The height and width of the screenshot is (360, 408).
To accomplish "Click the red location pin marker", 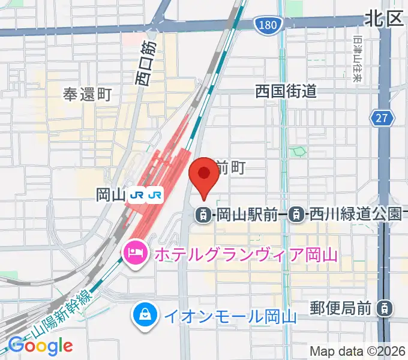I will point(203,175).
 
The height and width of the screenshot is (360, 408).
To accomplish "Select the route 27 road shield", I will point(382,118).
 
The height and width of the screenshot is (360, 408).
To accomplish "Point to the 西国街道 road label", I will point(286,91).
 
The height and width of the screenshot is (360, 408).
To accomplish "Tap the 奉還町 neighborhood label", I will point(88,94).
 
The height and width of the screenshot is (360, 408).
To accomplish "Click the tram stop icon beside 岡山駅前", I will point(204,214).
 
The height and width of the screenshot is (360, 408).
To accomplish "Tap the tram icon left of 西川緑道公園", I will point(295,214).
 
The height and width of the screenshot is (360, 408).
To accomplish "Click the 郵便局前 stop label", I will point(341,308).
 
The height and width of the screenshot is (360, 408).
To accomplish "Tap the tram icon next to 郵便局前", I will point(382,308).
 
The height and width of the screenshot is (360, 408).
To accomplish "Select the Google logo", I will point(40,345).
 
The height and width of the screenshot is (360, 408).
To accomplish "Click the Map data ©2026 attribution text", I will point(356,350).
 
